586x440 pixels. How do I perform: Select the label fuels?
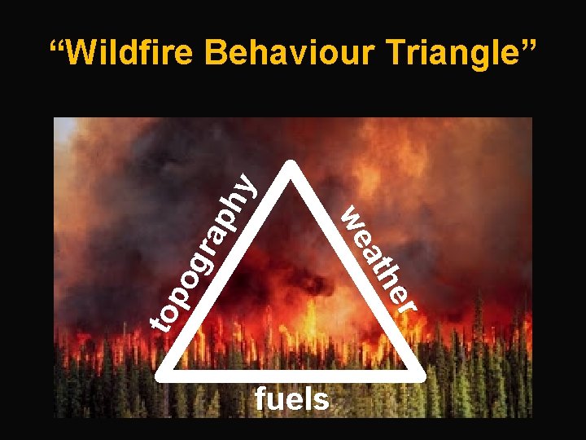292,399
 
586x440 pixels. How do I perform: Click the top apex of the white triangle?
291,165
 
